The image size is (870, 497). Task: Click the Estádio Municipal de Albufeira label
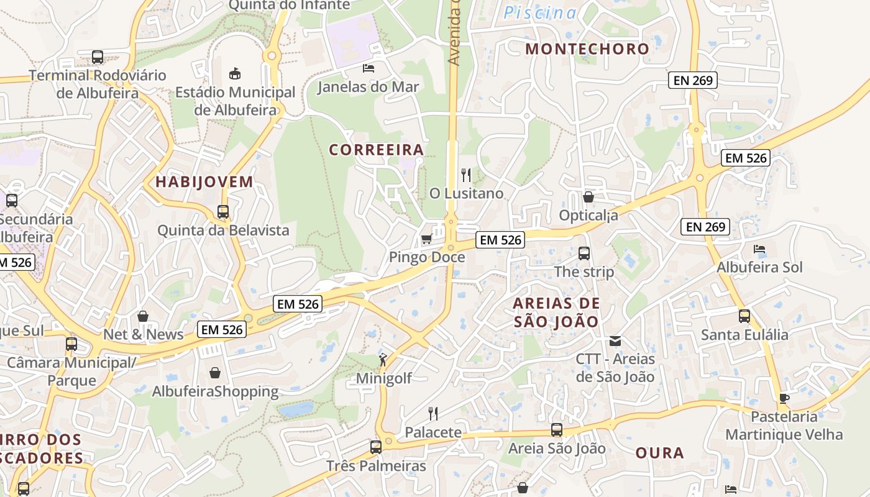pos(235,101)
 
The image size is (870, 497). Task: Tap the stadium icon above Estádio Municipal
pos(235,74)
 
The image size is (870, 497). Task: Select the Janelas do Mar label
pos(369,86)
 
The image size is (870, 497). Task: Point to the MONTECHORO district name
pos(587,48)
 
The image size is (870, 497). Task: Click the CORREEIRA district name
pos(377,150)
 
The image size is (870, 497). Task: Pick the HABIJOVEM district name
pos(204,182)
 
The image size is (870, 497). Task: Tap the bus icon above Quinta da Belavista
pos(223,211)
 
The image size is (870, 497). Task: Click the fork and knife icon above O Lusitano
pos(466,175)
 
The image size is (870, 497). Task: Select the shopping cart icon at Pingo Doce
pos(426,239)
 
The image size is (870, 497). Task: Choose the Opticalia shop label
pos(588,216)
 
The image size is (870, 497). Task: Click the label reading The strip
pos(584,271)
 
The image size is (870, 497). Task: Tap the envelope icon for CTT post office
pos(615,340)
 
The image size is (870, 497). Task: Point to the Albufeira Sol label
pos(759,267)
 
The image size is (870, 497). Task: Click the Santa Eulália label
pos(744,335)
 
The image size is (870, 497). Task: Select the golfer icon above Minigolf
pos(383,359)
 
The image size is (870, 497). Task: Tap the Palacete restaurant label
pos(433,432)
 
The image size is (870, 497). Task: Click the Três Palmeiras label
pos(377,466)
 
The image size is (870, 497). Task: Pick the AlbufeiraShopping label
pos(216,391)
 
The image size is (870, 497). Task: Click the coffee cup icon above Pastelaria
pos(784,398)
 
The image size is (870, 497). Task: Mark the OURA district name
pos(659,453)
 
